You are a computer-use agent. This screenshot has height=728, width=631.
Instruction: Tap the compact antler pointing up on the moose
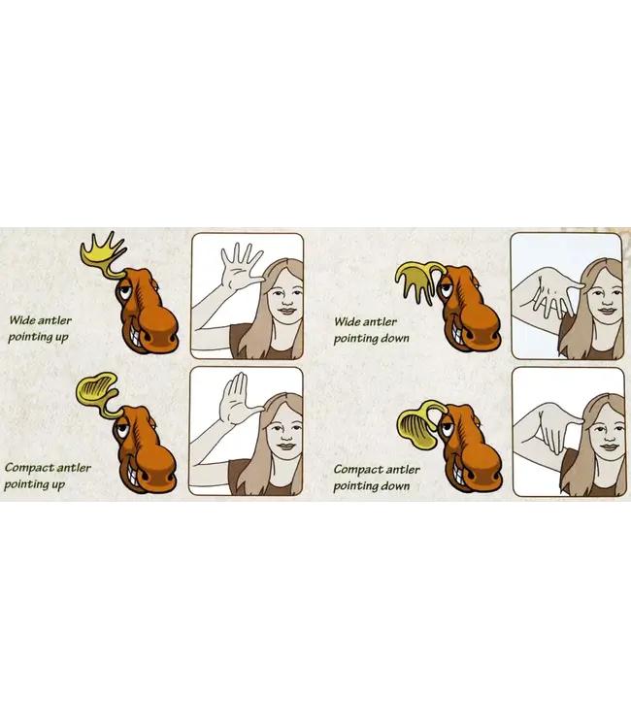(x=96, y=390)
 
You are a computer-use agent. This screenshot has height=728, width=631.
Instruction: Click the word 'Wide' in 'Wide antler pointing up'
(x=21, y=320)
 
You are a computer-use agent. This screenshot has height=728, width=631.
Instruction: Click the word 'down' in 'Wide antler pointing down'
(x=395, y=338)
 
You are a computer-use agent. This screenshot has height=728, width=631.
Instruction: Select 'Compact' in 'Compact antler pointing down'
(x=355, y=470)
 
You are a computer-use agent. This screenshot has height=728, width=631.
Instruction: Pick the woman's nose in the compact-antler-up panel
(x=286, y=437)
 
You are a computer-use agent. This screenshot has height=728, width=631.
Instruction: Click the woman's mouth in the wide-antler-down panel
(x=606, y=311)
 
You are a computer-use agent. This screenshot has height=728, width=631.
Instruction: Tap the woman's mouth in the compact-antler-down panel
(x=609, y=447)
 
